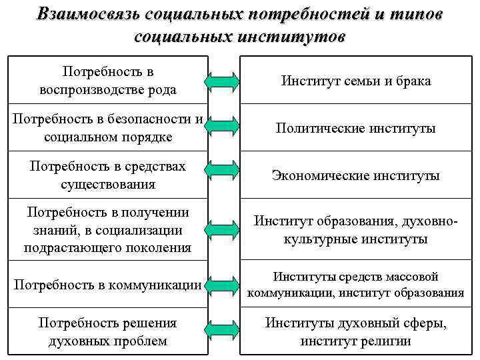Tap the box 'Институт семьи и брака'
(x=356, y=81)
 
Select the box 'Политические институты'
(x=356, y=128)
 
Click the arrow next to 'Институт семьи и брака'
(x=221, y=81)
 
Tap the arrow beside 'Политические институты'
(x=221, y=127)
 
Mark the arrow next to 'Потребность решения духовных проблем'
(x=221, y=329)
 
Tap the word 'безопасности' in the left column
(x=153, y=119)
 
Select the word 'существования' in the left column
(x=108, y=184)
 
